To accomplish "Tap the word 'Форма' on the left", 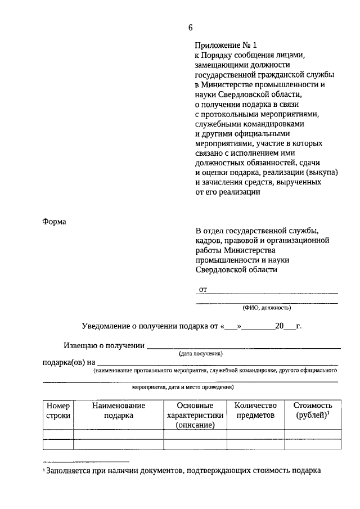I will (x=54, y=222).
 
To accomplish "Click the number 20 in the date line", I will (x=280, y=326).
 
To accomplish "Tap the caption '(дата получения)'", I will (x=200, y=354).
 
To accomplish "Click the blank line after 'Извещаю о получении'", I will (x=243, y=346).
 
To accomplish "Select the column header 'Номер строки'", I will (x=58, y=411).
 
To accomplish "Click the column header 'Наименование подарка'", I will (x=118, y=411).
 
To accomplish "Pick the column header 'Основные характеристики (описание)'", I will (x=195, y=416).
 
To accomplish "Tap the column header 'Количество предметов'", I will (x=255, y=411).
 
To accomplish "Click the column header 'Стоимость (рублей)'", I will (x=313, y=411).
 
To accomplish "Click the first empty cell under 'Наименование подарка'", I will (x=118, y=434).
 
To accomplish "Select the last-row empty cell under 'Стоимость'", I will (x=313, y=444).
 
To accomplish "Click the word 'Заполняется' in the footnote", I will (x=68, y=471).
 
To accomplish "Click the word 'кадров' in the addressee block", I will (x=207, y=240).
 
